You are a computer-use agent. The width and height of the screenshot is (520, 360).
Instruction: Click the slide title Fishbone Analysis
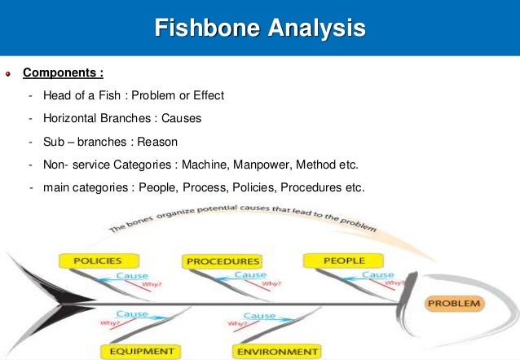click(260, 31)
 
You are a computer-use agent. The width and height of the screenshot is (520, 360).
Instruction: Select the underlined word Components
click(61, 72)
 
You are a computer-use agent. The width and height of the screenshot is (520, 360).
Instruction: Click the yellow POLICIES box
click(98, 261)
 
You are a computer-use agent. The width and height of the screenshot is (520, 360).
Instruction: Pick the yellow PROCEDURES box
click(223, 261)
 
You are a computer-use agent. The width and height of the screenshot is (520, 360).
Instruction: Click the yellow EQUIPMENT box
click(138, 351)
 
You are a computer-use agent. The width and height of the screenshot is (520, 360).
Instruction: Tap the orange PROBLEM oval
click(455, 304)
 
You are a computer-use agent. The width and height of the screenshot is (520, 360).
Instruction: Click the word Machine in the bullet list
click(204, 165)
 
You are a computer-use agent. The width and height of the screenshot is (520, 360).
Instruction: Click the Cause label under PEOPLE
click(377, 275)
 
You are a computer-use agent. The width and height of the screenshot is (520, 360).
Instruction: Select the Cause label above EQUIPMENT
click(131, 314)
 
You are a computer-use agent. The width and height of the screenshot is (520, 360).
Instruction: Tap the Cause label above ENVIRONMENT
click(259, 315)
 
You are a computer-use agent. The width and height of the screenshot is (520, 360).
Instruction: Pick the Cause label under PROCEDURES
click(249, 275)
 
